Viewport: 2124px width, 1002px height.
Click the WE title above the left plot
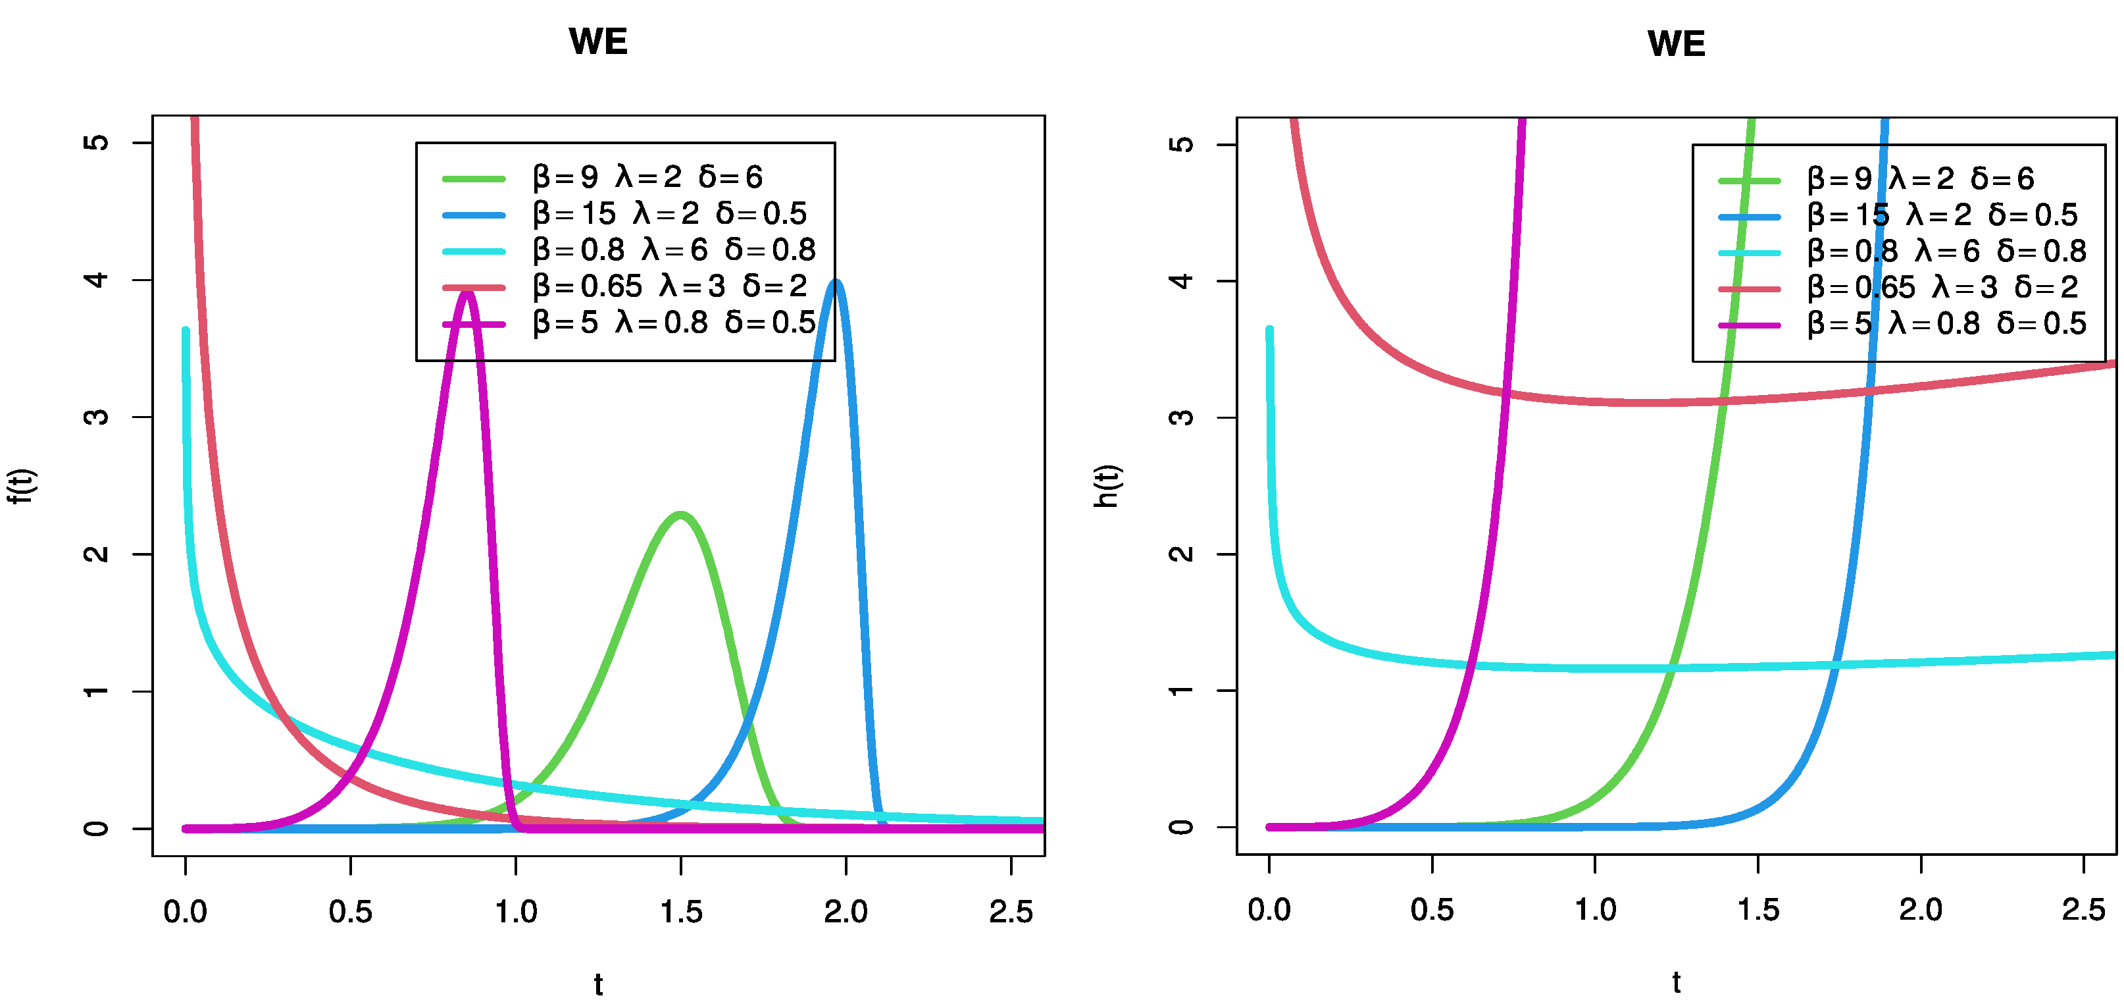[598, 41]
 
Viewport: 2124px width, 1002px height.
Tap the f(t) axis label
[22, 486]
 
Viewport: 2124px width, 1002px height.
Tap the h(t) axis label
[1107, 486]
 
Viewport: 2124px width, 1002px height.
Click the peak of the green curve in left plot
[680, 515]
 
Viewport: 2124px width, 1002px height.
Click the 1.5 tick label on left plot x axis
[681, 912]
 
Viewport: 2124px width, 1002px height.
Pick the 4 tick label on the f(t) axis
[97, 280]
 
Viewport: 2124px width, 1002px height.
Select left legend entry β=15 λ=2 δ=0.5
[669, 213]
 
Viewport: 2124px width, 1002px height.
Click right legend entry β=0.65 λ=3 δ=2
[1942, 287]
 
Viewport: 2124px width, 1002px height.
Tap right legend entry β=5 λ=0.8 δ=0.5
[1946, 323]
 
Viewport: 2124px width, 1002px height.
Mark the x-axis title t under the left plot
[598, 984]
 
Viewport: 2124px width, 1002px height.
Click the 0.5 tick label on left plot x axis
[351, 912]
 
